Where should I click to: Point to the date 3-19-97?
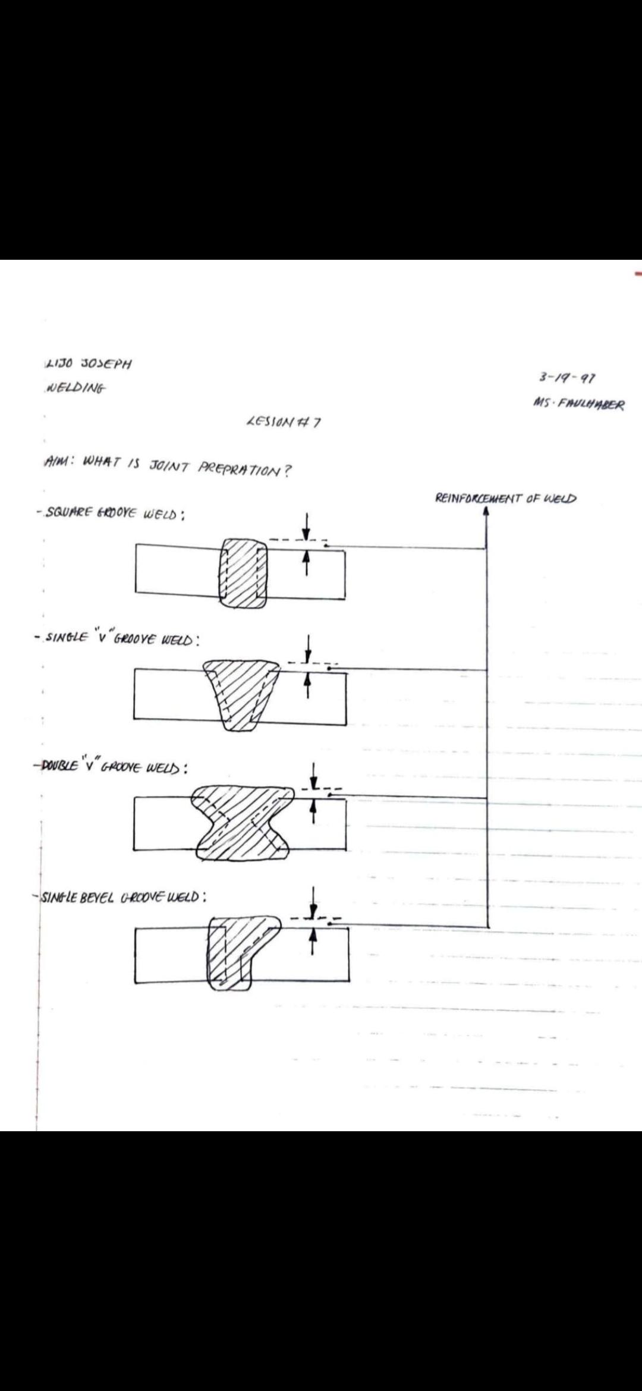pyautogui.click(x=568, y=377)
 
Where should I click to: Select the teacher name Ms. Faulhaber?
pyautogui.click(x=579, y=404)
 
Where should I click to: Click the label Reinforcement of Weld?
pyautogui.click(x=506, y=498)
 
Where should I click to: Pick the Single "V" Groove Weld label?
pyautogui.click(x=118, y=639)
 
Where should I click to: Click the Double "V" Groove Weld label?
pyautogui.click(x=112, y=767)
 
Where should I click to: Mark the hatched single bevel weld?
pyautogui.click(x=232, y=951)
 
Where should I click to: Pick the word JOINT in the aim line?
pyautogui.click(x=169, y=466)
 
